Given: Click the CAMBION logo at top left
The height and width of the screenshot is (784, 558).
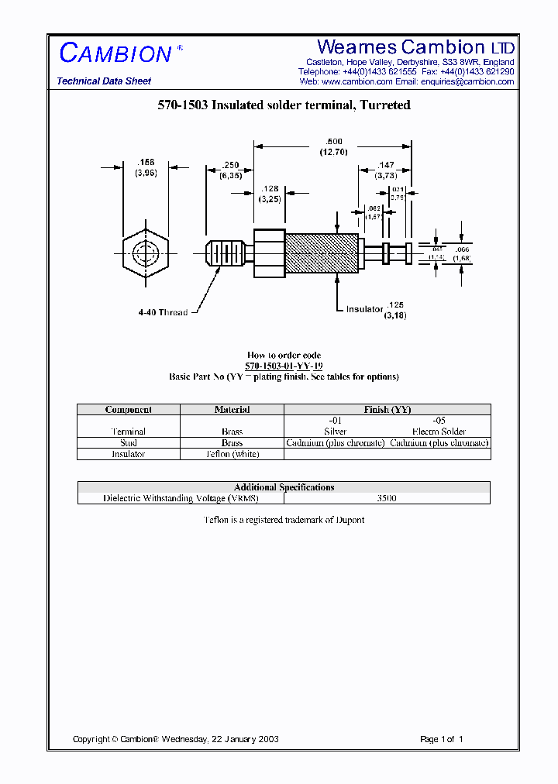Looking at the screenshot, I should coord(115,53).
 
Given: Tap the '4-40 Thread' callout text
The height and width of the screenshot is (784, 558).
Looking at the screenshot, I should coord(163,313).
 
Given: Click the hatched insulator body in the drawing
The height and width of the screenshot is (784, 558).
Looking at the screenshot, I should coord(322,253).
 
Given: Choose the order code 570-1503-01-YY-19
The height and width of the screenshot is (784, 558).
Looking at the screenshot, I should coord(284,366).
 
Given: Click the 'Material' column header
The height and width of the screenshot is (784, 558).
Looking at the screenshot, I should coord(232,410).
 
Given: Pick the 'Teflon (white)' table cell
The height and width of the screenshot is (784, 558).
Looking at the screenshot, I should coord(232,455).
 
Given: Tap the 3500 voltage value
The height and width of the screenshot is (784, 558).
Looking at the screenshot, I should coord(386,499).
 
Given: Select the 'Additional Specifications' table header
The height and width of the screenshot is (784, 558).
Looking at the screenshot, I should coord(284,487).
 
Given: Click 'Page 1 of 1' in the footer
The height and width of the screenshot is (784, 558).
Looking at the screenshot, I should coord(441,739).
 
